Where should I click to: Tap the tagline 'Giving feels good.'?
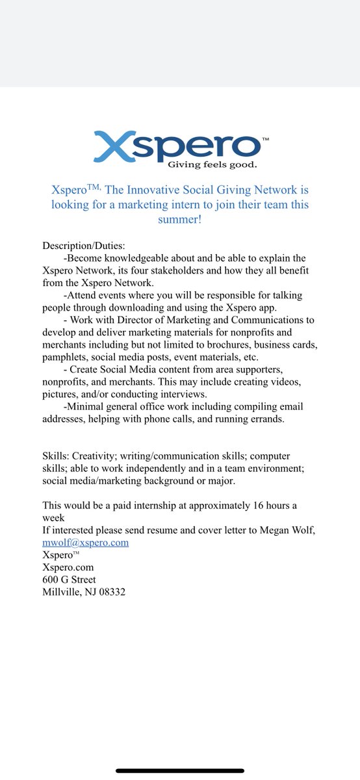[209, 164]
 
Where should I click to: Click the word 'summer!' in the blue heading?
[180, 220]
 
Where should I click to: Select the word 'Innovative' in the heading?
[163, 190]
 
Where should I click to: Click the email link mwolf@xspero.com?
[85, 542]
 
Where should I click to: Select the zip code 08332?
[110, 591]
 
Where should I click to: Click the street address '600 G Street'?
[69, 579]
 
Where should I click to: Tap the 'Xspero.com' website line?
[68, 567]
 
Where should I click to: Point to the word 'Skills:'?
[57, 456]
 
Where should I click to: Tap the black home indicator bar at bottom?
[180, 771]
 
